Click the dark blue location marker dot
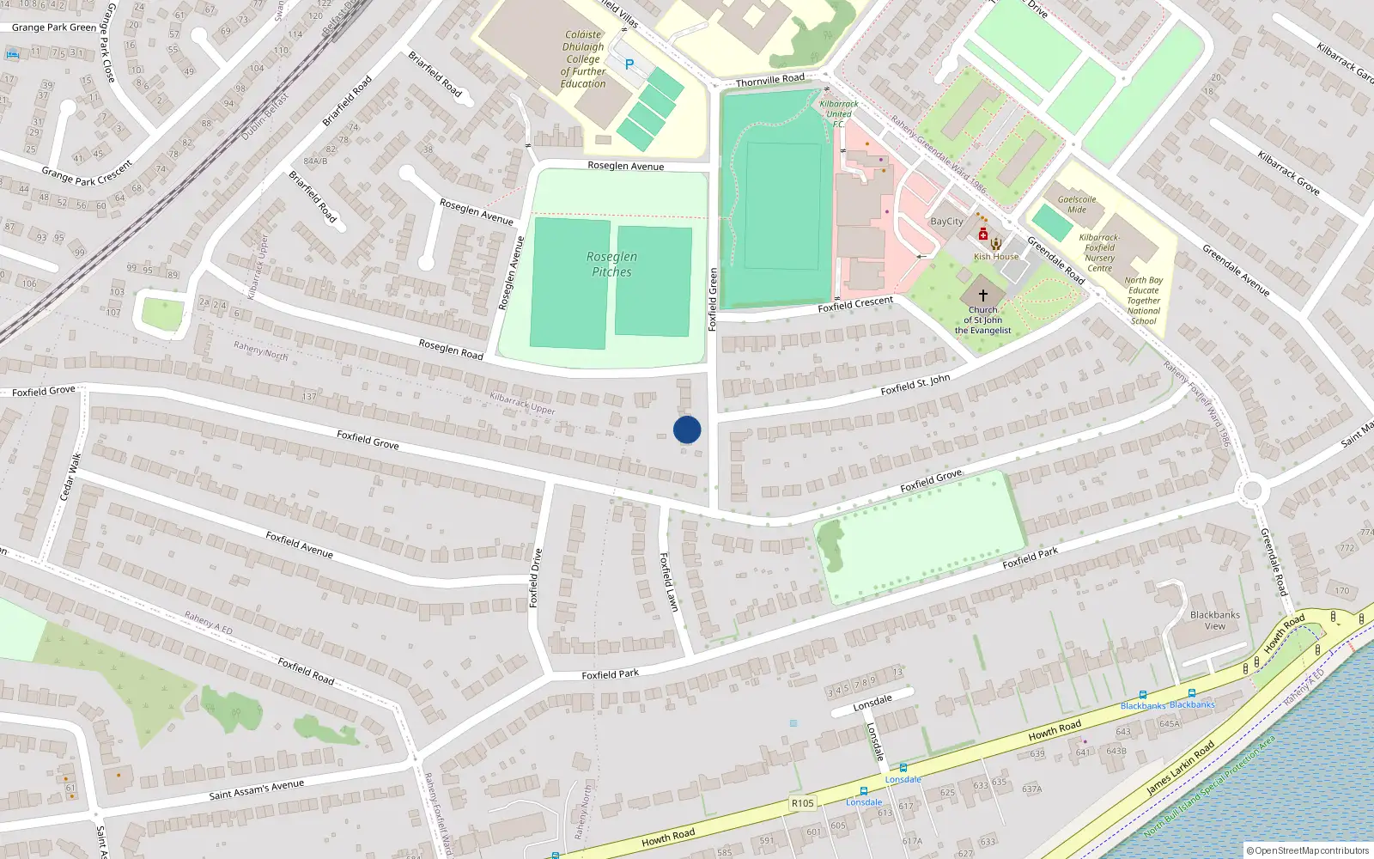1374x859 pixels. [x=687, y=429]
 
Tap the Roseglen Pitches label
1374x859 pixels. [x=611, y=265]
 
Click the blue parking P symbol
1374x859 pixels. [x=629, y=64]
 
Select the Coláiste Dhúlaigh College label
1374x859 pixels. [x=583, y=59]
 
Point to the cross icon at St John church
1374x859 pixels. [x=983, y=295]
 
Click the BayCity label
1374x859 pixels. [x=947, y=222]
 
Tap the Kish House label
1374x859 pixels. [x=996, y=257]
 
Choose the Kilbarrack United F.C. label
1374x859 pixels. [x=838, y=113]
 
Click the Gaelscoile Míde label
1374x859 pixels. [x=1077, y=204]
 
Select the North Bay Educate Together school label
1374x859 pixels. [x=1144, y=301]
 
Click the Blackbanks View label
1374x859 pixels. [x=1215, y=620]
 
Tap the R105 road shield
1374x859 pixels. [x=802, y=803]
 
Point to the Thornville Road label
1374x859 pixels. [x=770, y=81]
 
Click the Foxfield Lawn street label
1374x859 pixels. [x=669, y=582]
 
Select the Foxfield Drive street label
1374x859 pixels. [x=535, y=578]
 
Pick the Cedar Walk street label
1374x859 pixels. [x=70, y=478]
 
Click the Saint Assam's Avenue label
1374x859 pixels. [x=257, y=790]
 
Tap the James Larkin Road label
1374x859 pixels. [x=1181, y=767]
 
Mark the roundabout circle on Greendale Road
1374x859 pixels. [x=1251, y=491]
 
